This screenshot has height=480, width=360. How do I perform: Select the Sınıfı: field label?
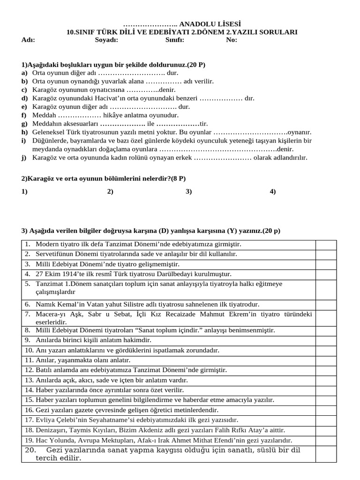[x=174, y=40]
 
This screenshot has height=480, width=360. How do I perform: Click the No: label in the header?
[x=232, y=40]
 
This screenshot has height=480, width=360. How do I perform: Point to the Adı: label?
[x=28, y=40]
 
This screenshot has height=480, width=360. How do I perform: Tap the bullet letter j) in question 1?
[x=24, y=157]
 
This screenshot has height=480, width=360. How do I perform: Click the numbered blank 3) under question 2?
[x=189, y=191]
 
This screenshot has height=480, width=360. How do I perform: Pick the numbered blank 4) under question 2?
[x=273, y=191]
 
